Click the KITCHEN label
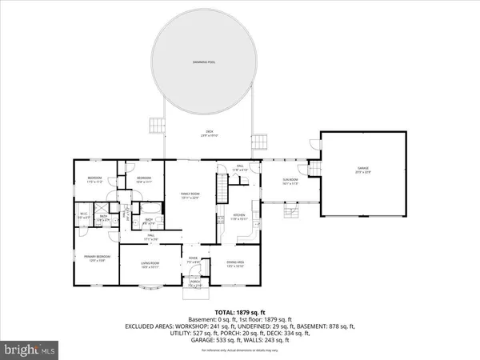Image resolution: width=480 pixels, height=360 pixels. tap(239, 215)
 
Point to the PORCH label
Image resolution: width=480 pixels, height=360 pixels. tap(194, 282)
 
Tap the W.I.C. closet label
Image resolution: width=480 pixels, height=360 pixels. tap(84, 214)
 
